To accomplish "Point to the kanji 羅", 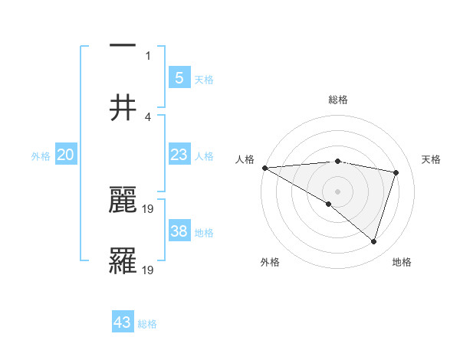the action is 123,260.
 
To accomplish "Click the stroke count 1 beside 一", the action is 149,55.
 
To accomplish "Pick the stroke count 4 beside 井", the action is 148,117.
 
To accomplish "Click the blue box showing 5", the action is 179,77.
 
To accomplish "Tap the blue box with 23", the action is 179,155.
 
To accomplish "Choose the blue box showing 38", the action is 179,231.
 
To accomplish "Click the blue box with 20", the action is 66,155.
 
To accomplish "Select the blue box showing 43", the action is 123,322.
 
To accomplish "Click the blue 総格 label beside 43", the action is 147,324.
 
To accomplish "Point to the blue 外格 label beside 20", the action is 41,156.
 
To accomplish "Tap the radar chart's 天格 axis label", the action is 431,159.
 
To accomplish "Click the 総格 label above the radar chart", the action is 337,100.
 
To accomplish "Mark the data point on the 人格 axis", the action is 264,168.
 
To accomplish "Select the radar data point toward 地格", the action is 373,242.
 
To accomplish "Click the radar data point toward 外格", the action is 329,204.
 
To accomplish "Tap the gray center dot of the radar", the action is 337,191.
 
